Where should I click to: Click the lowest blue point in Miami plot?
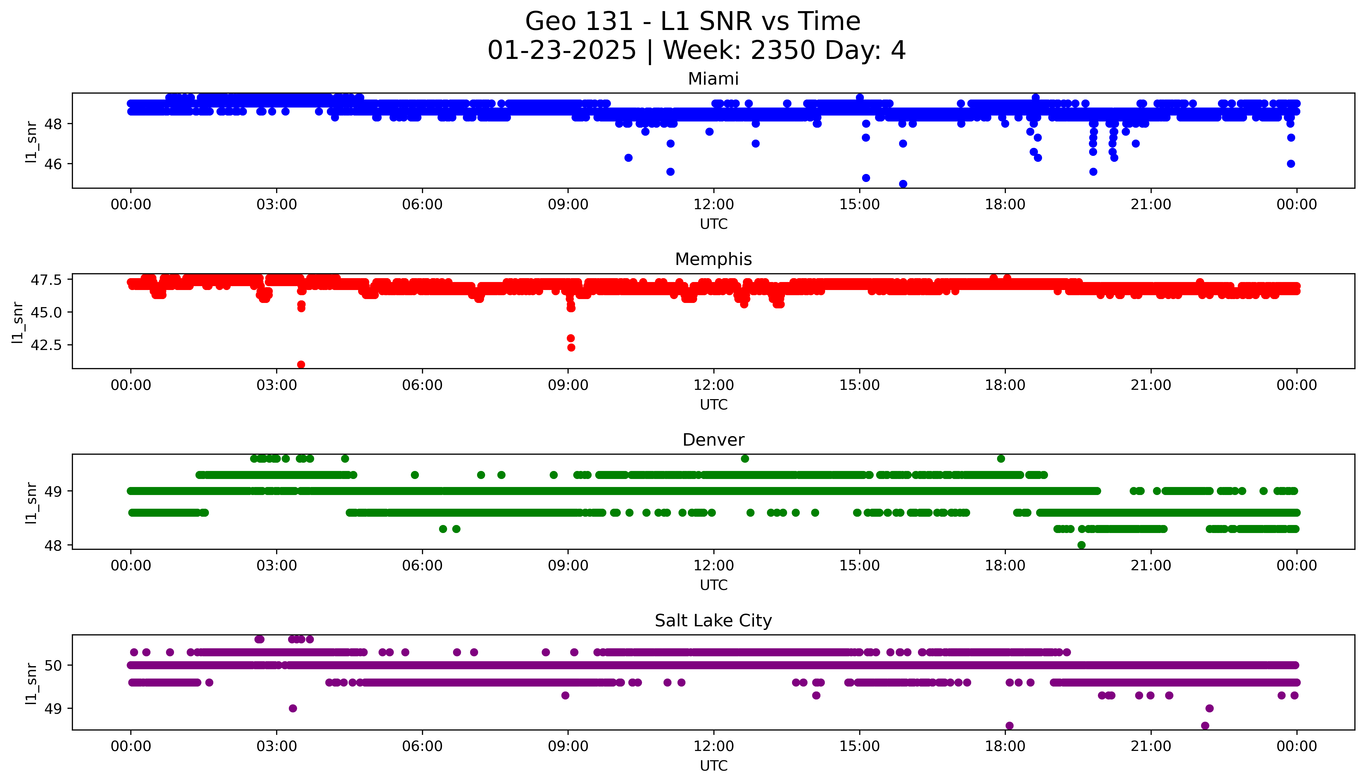pos(903,184)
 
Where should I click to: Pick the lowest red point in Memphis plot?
pos(301,364)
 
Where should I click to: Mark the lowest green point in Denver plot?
pos(1081,545)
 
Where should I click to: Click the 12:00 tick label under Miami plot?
pos(713,205)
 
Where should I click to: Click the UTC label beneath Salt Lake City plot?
pos(713,766)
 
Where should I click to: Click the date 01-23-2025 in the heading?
pos(562,51)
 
